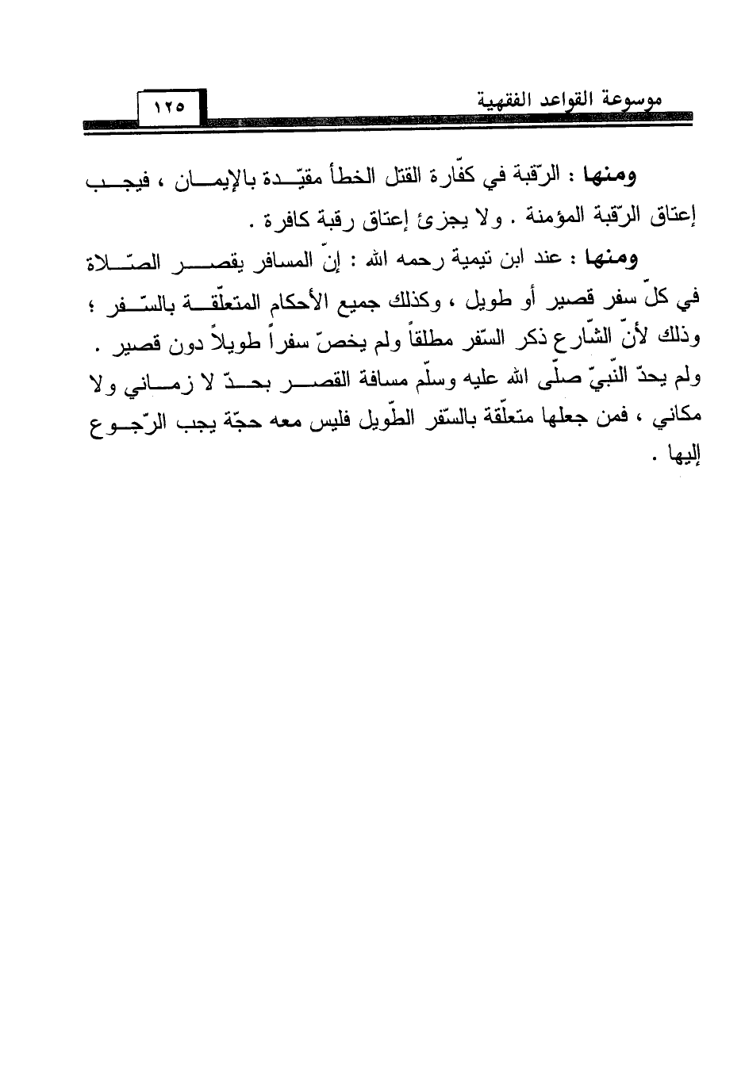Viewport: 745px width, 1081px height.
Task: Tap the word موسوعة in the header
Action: pos(638,102)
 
